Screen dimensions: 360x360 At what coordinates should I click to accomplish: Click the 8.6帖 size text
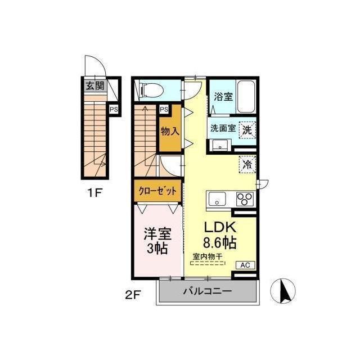coord(219,244)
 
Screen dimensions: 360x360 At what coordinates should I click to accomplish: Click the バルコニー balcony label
coord(207,291)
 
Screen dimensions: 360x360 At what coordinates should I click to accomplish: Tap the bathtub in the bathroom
coord(246,97)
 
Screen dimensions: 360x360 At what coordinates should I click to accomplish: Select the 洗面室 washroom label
coord(223,128)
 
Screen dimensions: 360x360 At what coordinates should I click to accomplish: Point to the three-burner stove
coord(245,199)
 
